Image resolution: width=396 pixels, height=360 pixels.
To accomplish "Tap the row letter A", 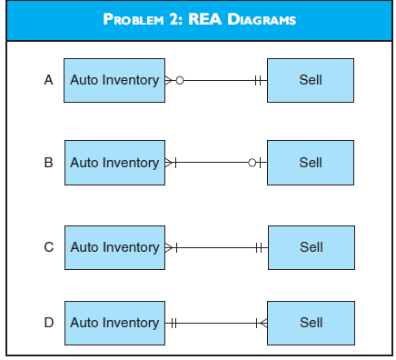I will tap(49, 80).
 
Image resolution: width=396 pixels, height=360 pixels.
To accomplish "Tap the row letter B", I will tap(49, 163).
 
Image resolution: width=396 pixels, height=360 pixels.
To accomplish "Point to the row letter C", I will tap(49, 246).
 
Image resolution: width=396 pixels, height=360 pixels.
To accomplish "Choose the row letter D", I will tap(49, 322).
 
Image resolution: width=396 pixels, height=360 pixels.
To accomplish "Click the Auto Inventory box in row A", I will tap(114, 80).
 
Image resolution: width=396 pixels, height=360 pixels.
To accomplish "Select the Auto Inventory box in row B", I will tap(114, 163).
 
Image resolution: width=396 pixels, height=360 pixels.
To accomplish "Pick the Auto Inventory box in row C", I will tap(114, 246).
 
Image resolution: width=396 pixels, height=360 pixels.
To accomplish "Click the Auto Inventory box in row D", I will tap(114, 322).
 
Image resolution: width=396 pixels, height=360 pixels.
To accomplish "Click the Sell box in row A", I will tap(311, 80).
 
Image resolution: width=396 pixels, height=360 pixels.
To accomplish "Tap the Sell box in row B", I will tap(311, 163).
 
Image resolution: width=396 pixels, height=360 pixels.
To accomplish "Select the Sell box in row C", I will tap(311, 246).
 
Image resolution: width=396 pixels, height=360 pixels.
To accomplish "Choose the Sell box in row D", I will tap(311, 322).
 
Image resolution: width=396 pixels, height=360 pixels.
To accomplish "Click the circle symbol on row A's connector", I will tap(180, 80).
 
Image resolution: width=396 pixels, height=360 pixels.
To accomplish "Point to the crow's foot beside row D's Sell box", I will tap(262, 322).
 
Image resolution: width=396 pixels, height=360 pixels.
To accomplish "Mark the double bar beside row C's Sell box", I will tap(259, 246).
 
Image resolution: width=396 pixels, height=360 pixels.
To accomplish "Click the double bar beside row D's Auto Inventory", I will tap(173, 322).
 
